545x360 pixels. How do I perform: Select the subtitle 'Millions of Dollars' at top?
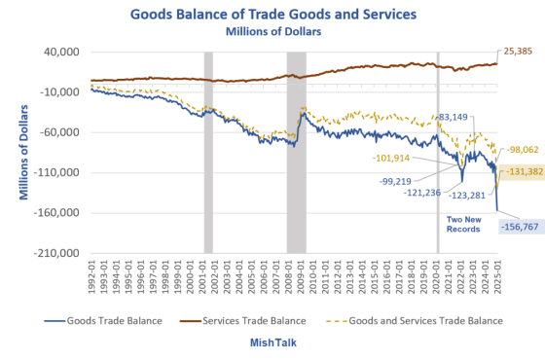click(272, 31)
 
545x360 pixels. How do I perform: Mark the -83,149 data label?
click(459, 118)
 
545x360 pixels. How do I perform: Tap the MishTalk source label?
click(272, 343)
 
